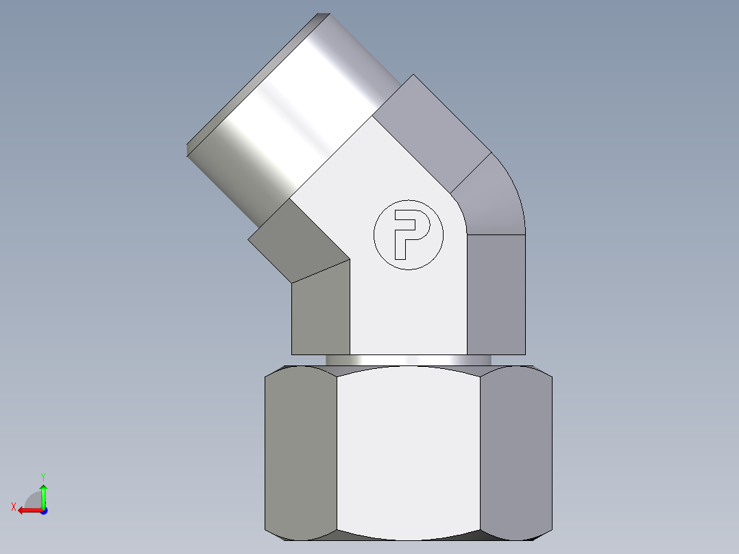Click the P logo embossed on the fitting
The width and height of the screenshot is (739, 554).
[409, 234]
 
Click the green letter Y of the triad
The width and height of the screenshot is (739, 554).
[43, 475]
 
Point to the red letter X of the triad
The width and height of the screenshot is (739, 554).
[13, 507]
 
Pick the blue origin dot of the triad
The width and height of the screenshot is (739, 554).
[43, 510]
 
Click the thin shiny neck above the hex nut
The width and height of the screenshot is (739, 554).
[408, 360]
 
